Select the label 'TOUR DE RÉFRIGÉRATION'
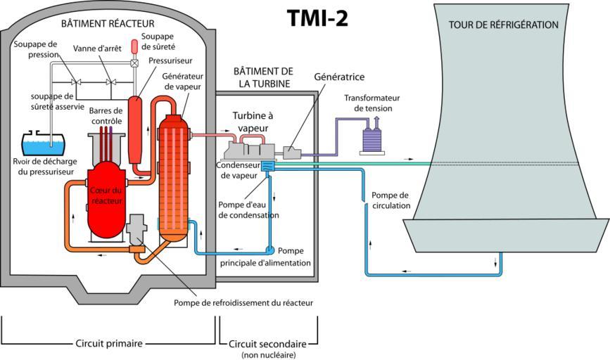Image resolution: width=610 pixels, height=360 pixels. [503, 25]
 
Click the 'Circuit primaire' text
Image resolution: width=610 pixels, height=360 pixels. [108, 344]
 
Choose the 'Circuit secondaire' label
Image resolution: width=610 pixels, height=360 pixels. [267, 344]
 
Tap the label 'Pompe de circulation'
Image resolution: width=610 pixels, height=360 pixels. [390, 201]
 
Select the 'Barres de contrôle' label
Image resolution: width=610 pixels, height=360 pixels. [107, 116]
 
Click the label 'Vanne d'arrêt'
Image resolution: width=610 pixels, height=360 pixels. [97, 48]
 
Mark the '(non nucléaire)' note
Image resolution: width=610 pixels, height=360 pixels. [268, 355]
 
